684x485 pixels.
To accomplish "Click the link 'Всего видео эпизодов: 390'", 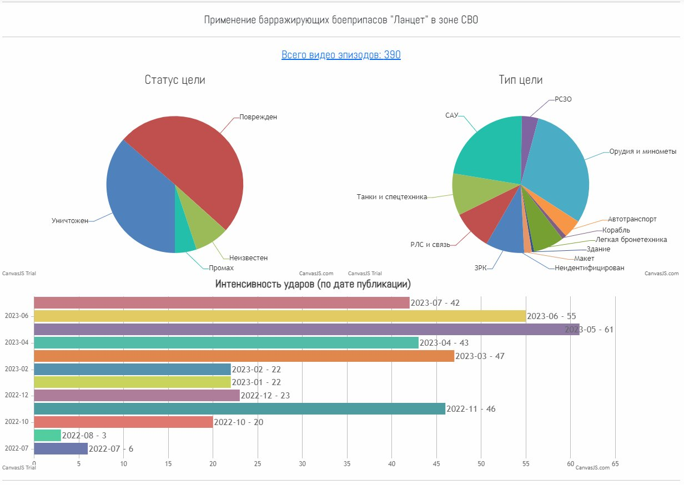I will (341, 55).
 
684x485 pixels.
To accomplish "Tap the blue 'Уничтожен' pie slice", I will (139, 205).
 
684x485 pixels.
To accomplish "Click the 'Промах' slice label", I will (221, 268).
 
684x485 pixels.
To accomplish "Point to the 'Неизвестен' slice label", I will (248, 258).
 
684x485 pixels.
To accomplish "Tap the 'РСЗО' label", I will (563, 99).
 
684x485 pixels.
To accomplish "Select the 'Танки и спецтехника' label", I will (391, 197).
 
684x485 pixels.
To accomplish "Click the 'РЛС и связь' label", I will (430, 245).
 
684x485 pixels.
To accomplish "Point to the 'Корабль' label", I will (616, 230).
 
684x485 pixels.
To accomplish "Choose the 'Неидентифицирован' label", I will (590, 268).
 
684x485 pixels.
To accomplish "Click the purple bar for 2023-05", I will (305, 329).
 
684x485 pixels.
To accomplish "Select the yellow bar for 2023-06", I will (278, 316).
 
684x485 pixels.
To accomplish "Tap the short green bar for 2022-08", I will (47, 435).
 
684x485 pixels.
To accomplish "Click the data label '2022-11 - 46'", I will (471, 409).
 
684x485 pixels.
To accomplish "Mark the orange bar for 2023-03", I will (244, 356).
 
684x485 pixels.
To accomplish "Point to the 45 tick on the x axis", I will (436, 463).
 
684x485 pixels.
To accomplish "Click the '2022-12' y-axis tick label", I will (16, 396).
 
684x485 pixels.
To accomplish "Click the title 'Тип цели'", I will (520, 80).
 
